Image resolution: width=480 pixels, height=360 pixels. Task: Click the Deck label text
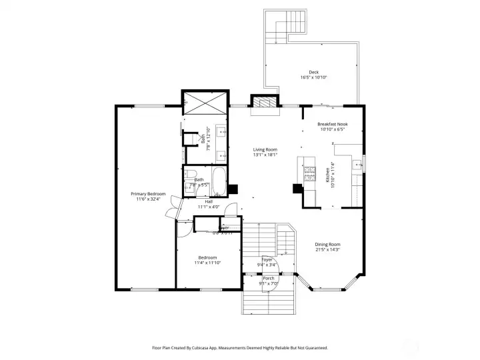pyautogui.click(x=313, y=72)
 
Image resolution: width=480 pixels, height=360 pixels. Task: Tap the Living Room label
pyautogui.click(x=265, y=150)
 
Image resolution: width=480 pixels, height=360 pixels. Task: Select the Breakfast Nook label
pyautogui.click(x=332, y=124)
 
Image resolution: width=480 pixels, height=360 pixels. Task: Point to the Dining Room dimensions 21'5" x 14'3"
pyautogui.click(x=327, y=250)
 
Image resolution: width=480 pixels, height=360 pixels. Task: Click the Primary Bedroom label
pyautogui.click(x=147, y=193)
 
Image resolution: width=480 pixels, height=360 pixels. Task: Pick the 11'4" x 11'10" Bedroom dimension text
pyautogui.click(x=207, y=263)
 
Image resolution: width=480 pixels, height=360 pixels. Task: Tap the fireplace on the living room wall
pyautogui.click(x=263, y=103)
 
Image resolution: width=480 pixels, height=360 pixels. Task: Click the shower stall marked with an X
pyautogui.click(x=206, y=103)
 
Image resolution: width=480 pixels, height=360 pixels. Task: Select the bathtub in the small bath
pyautogui.click(x=219, y=180)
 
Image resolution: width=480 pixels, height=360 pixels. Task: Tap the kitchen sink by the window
pyautogui.click(x=357, y=163)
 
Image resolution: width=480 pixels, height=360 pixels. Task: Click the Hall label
pyautogui.click(x=209, y=201)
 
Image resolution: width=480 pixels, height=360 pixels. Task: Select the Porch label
pyautogui.click(x=268, y=278)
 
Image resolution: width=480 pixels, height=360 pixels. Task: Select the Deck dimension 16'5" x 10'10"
pyautogui.click(x=313, y=77)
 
